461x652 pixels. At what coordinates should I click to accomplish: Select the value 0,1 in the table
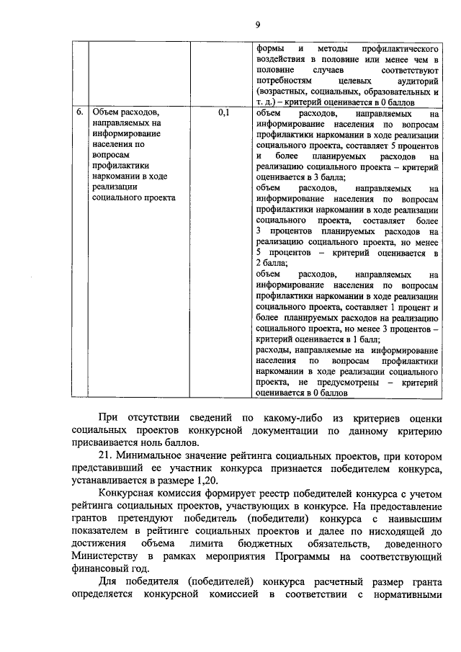[x=223, y=114]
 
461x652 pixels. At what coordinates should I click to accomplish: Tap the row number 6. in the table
[x=80, y=114]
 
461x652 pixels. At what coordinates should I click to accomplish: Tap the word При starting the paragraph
[x=109, y=419]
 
